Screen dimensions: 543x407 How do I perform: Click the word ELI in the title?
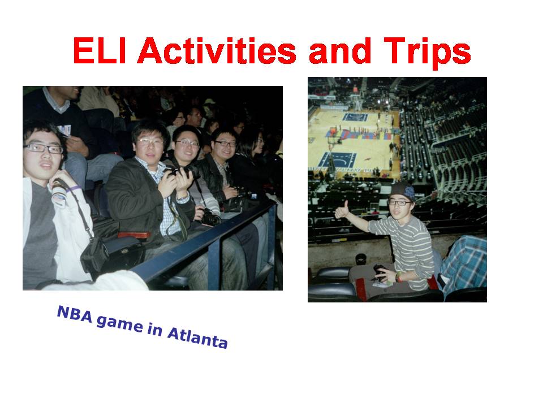(100, 50)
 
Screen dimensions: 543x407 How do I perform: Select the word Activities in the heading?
(217, 50)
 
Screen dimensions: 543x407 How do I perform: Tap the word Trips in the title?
(428, 53)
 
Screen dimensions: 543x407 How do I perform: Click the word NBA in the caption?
(75, 314)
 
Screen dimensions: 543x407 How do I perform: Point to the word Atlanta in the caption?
(197, 338)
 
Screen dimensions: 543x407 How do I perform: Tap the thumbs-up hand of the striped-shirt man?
(342, 210)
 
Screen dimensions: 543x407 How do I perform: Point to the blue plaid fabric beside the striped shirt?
(463, 263)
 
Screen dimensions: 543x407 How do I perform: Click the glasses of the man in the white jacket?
(44, 148)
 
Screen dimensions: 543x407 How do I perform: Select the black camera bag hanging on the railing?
(93, 254)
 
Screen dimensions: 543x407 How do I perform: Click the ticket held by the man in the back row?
(64, 131)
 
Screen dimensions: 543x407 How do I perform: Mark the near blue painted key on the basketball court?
(337, 159)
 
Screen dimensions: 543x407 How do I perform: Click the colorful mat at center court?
(360, 135)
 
